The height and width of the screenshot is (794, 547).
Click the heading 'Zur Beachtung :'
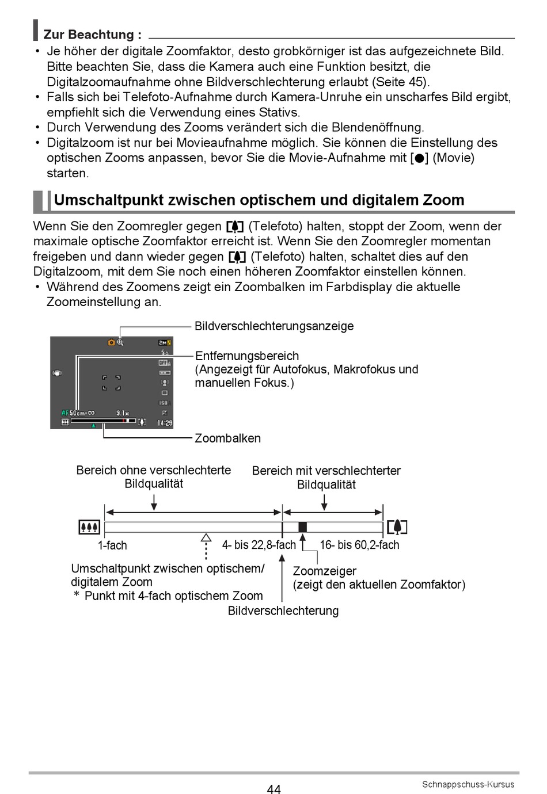pos(92,35)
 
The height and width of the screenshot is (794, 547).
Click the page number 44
pos(274,789)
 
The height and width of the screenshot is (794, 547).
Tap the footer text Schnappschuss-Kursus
pos(468,784)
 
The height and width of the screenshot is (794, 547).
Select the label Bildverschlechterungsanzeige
pos(274,326)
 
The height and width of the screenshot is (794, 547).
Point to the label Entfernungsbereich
pos(247,356)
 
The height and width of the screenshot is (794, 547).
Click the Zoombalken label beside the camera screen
pos(227,438)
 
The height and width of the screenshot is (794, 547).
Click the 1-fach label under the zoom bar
pos(112,545)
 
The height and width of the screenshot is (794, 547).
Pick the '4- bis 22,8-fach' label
pos(259,545)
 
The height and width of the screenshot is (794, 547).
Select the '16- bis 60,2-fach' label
pos(359,545)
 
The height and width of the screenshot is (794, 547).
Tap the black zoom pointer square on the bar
pos(302,527)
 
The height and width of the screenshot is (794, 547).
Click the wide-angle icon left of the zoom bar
pos(89,527)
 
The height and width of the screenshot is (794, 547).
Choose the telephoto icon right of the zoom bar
pos(397,527)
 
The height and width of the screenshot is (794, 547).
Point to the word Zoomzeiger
pos(324,571)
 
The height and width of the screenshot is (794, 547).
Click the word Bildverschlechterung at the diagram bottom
pos(283,611)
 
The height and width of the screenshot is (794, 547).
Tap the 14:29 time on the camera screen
pos(165,423)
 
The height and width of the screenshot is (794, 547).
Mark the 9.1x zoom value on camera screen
pos(122,413)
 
